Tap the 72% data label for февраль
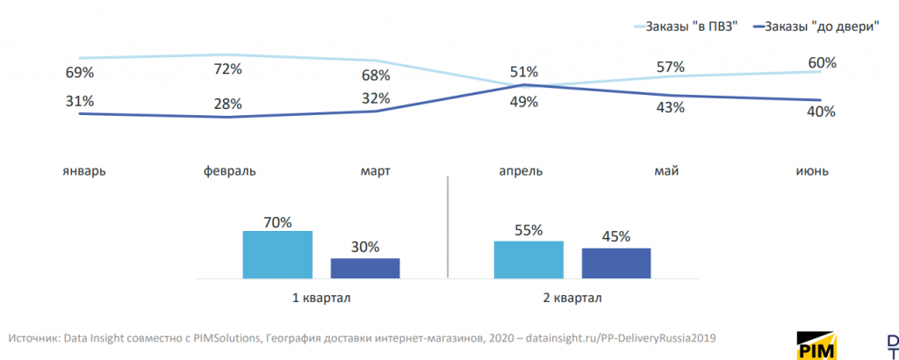(227, 68)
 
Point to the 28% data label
(227, 104)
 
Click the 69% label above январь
(79, 71)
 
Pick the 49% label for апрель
(524, 101)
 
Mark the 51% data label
(524, 72)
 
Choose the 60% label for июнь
(822, 63)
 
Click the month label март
(375, 169)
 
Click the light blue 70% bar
(277, 255)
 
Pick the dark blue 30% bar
(365, 269)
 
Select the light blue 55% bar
(529, 260)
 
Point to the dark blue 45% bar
(616, 263)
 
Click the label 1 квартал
(321, 298)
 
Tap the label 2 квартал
(572, 298)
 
